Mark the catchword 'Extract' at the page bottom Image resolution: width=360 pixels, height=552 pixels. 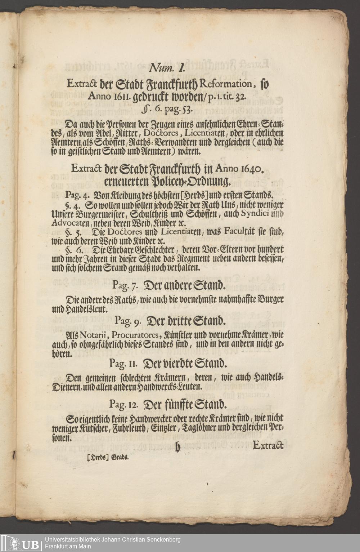(x=268, y=445)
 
